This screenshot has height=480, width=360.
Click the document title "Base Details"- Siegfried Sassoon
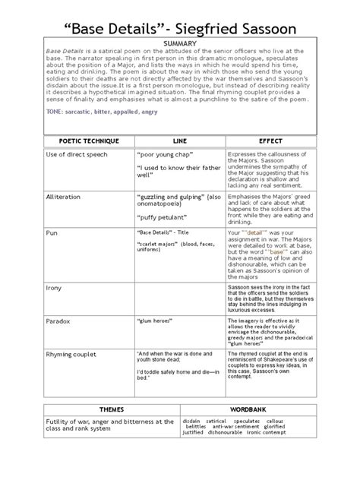[180, 19]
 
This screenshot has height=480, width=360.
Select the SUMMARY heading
[180, 44]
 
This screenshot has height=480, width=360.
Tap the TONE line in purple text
[88, 110]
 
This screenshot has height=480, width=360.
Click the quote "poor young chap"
[164, 156]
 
